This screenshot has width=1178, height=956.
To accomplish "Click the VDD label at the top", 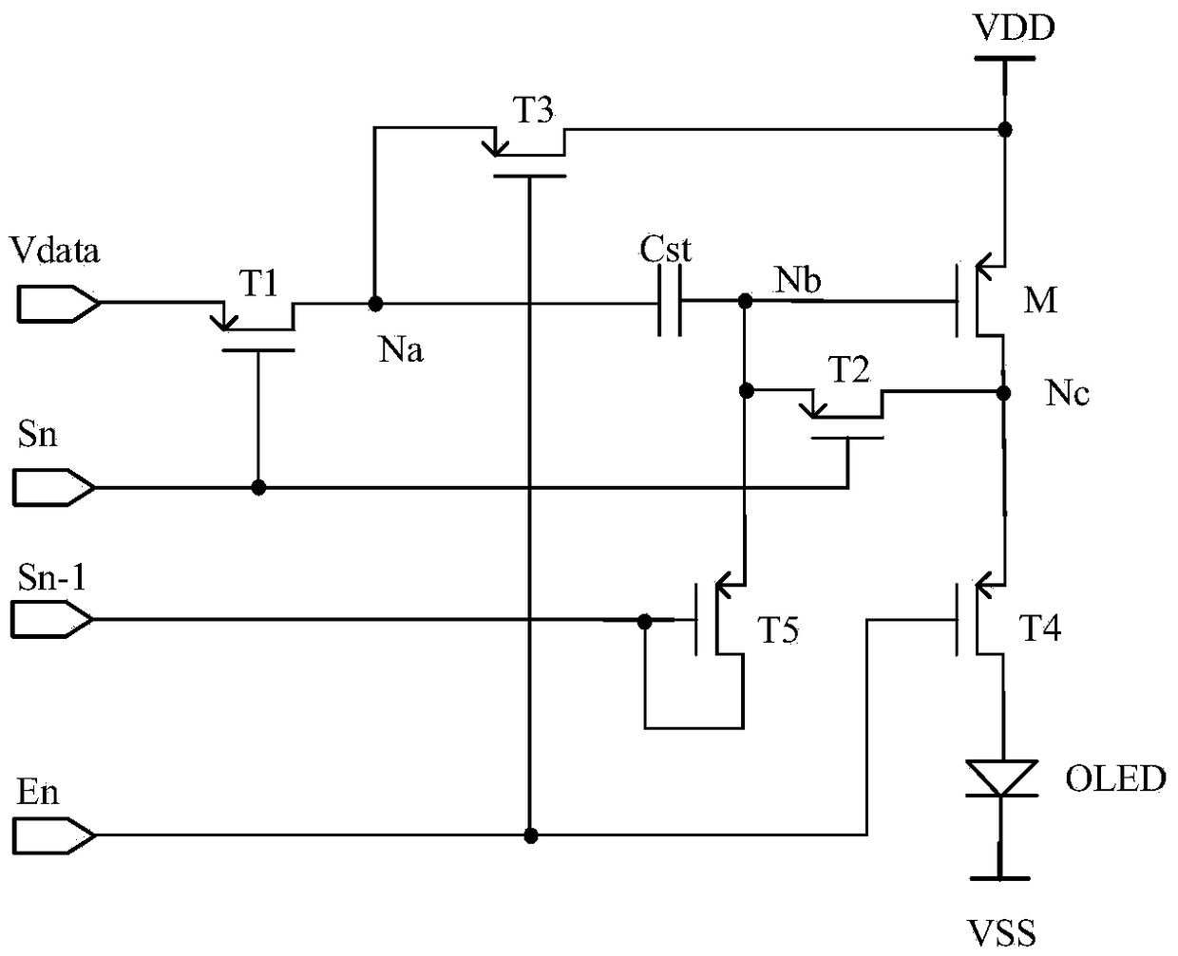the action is click(x=1014, y=28).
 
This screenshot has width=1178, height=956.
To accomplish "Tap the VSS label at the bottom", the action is click(x=1001, y=933).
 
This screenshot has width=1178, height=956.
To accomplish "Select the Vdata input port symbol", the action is click(x=59, y=304).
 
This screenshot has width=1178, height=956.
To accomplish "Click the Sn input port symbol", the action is click(x=54, y=487).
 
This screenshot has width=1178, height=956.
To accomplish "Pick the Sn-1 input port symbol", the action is click(x=51, y=620).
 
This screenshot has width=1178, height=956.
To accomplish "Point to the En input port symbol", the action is click(x=54, y=834).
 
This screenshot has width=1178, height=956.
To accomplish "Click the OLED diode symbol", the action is click(x=1001, y=778).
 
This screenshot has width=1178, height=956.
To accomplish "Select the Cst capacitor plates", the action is click(x=669, y=301).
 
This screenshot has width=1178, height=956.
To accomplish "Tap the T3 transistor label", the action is click(x=533, y=110).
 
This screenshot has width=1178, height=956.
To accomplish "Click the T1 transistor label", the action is click(x=258, y=284).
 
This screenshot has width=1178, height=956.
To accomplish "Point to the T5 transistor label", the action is click(x=779, y=629).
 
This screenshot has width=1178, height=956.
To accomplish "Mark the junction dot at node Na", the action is click(x=375, y=304).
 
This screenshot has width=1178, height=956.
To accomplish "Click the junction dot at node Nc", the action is click(x=1003, y=393).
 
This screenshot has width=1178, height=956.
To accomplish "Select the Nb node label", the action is click(x=797, y=280).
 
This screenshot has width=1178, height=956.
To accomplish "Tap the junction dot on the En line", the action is click(x=531, y=835).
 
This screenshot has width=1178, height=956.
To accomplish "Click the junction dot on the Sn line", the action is click(x=258, y=487).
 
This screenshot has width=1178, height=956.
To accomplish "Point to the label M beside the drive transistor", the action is click(x=1040, y=300).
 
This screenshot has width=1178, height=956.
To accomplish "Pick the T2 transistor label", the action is click(x=849, y=369).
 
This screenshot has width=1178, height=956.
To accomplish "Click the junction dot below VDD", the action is click(x=1005, y=130).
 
